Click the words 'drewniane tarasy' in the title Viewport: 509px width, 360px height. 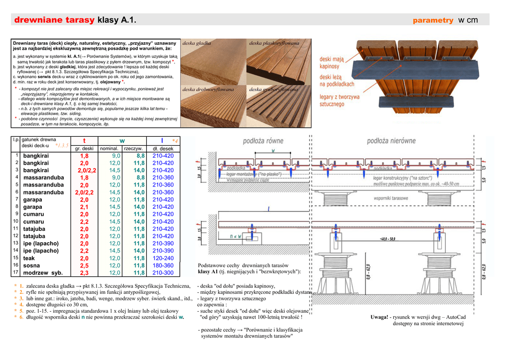pos(54,20)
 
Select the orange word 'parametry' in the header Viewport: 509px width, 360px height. pos(433,20)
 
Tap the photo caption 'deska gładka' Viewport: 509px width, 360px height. pos(197,43)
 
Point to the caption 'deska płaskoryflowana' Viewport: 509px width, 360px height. pos(274,43)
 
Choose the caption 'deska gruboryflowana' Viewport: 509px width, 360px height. pos(273,90)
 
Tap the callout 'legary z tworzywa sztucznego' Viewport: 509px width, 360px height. pos(339,100)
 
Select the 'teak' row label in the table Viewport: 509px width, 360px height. pos(29,259)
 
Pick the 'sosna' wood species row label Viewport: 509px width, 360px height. pos(32,266)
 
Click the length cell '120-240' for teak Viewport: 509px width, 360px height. pos(163,259)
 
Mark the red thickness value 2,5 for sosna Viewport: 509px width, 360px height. pos(84,266)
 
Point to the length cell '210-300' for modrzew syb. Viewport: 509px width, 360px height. pos(163,273)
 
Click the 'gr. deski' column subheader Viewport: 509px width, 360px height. pos(84,149)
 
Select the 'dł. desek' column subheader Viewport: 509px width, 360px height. pos(163,149)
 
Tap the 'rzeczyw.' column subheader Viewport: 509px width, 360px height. pos(134,149)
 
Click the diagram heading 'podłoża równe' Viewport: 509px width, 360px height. pos(263,141)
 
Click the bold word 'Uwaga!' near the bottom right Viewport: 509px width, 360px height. pos(380,317)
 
